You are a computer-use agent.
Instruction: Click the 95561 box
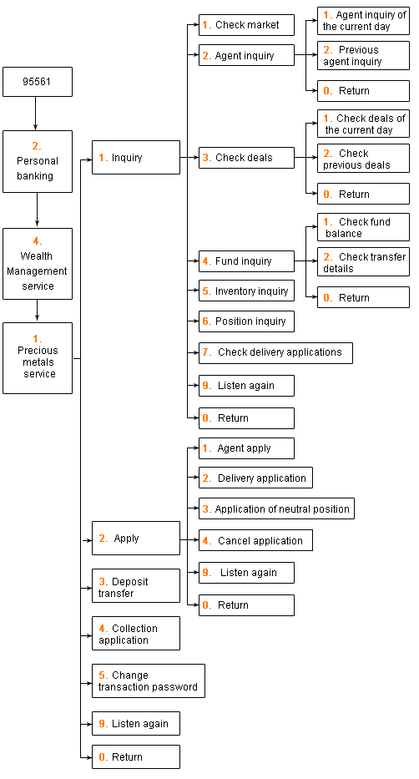[x=38, y=82]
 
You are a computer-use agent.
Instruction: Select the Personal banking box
[x=38, y=161]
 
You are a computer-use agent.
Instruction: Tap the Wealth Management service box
[x=38, y=264]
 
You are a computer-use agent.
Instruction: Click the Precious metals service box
[x=38, y=358]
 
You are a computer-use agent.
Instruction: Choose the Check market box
[x=247, y=25]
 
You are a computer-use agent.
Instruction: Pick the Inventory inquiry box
[x=247, y=291]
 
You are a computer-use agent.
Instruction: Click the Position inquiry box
[x=247, y=321]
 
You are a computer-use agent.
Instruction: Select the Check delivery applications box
[x=276, y=352]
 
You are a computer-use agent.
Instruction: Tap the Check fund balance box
[x=363, y=227]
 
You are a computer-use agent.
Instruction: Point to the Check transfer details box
[x=363, y=262]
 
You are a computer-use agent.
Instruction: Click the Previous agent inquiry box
[x=363, y=55]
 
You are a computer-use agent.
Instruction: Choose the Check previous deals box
[x=363, y=159]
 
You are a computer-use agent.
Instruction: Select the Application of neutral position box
[x=276, y=508]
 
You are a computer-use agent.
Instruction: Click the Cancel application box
[x=255, y=540]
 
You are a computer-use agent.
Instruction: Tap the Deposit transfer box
[x=136, y=586]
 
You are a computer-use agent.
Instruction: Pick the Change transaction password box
[x=149, y=680]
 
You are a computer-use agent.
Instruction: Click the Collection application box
[x=136, y=634]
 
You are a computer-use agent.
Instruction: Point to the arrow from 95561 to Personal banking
[x=35, y=114]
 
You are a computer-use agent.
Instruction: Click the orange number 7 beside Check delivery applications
[x=206, y=352]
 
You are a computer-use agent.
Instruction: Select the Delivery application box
[x=255, y=478]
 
